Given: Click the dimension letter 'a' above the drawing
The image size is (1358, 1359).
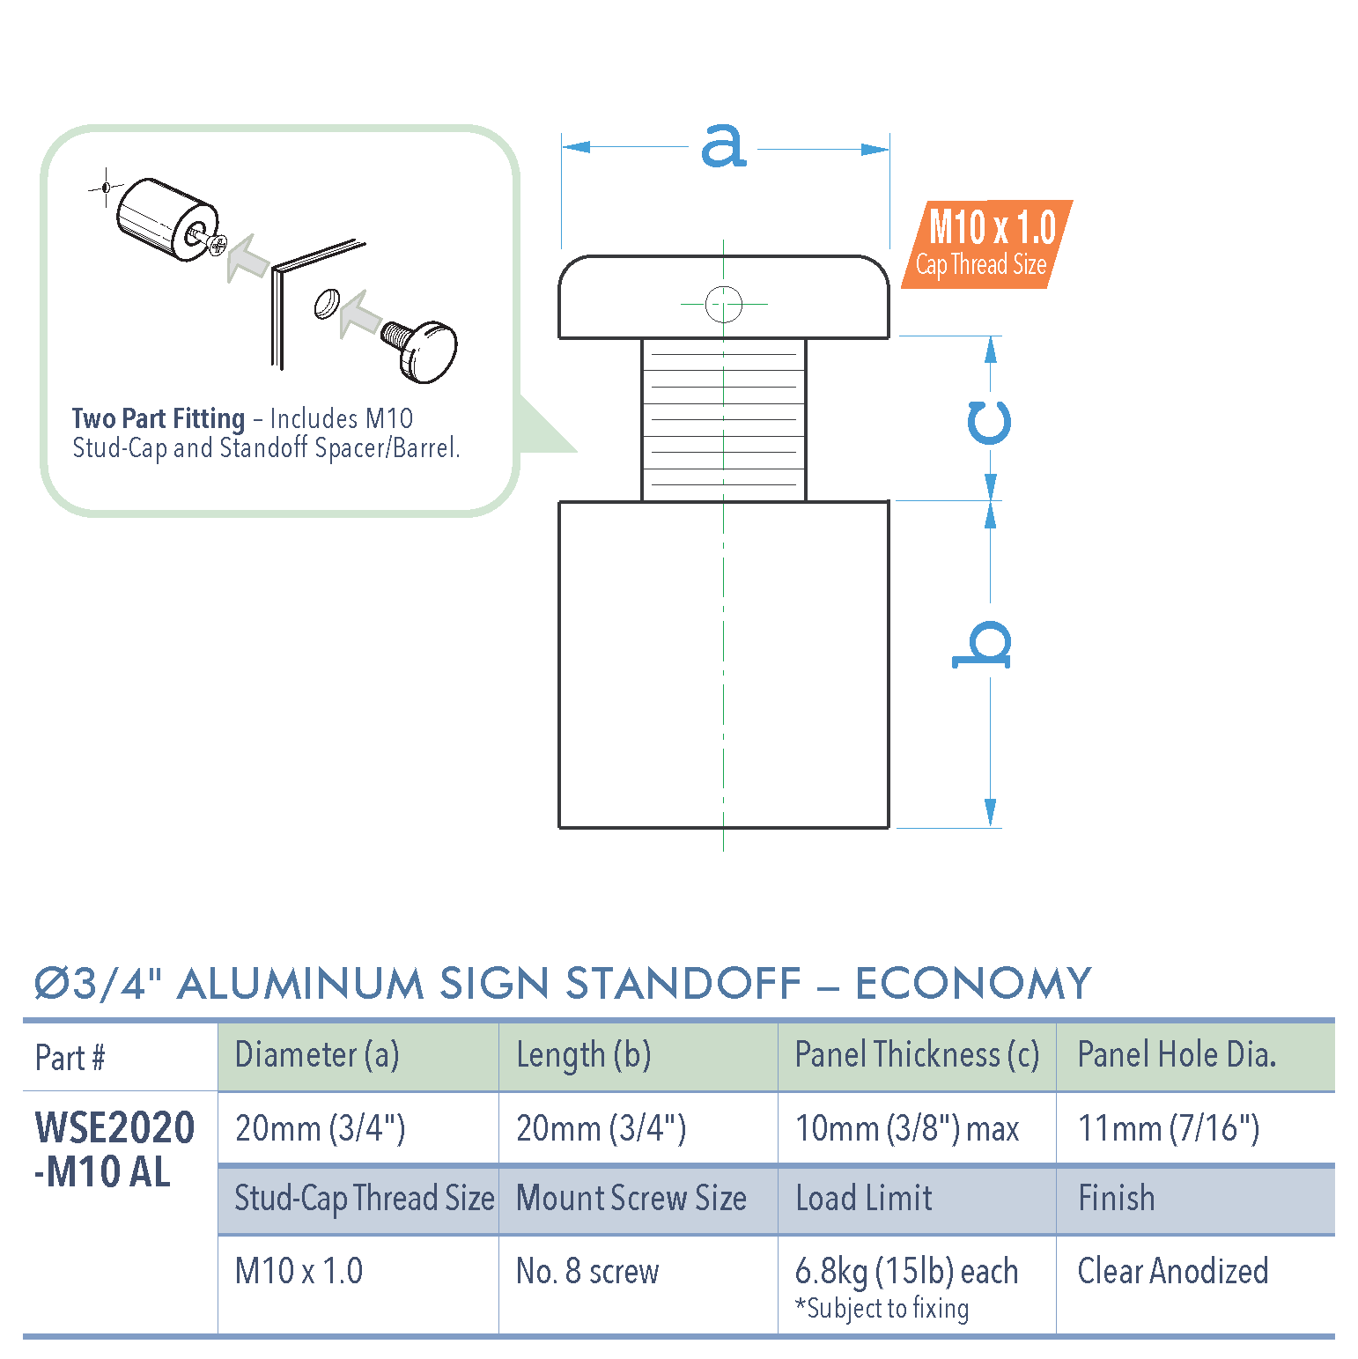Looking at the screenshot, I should pyautogui.click(x=723, y=146).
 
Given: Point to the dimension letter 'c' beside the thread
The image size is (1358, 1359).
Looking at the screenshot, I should pyautogui.click(x=989, y=423).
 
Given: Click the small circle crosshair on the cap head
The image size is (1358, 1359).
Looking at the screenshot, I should pyautogui.click(x=724, y=305).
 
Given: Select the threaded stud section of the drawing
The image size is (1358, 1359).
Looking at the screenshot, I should pyautogui.click(x=724, y=420).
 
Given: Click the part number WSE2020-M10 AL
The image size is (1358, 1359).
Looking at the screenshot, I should pyautogui.click(x=113, y=1149).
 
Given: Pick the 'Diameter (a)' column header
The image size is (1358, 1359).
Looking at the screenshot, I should pyautogui.click(x=317, y=1055).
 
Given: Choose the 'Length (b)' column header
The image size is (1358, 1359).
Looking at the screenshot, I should pyautogui.click(x=583, y=1055).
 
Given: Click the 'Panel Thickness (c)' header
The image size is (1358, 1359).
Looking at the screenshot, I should pyautogui.click(x=917, y=1055).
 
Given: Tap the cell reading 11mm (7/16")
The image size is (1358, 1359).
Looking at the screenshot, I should pyautogui.click(x=1169, y=1128).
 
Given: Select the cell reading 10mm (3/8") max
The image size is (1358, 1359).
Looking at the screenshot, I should pyautogui.click(x=907, y=1128).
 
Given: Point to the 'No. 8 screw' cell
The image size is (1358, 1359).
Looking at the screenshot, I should pyautogui.click(x=587, y=1271).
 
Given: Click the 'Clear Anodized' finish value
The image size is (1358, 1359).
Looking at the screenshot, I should pyautogui.click(x=1173, y=1271).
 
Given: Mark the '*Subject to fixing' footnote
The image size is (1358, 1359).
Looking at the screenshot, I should pyautogui.click(x=882, y=1309).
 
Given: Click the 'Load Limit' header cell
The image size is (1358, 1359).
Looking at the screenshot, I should pyautogui.click(x=864, y=1199).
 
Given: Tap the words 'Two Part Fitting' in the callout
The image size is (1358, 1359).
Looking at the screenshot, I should pyautogui.click(x=159, y=418).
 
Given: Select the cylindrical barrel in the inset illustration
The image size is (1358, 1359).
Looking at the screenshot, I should pyautogui.click(x=166, y=220).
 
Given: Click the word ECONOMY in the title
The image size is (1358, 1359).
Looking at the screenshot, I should pyautogui.click(x=973, y=984).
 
